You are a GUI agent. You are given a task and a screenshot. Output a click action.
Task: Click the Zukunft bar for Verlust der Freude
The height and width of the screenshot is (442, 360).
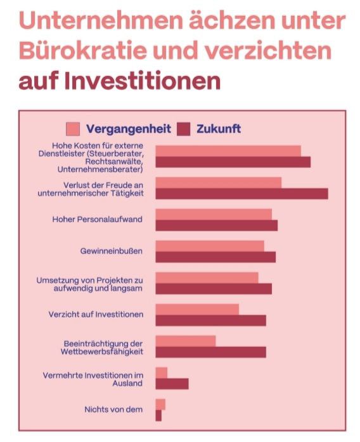(x=241, y=194)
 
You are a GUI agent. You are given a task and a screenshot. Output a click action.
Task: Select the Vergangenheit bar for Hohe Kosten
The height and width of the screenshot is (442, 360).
(x=228, y=151)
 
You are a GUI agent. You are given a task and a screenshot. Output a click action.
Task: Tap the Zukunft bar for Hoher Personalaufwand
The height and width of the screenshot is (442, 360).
(x=216, y=225)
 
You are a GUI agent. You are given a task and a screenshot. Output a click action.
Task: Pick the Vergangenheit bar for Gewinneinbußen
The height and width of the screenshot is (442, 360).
(x=210, y=246)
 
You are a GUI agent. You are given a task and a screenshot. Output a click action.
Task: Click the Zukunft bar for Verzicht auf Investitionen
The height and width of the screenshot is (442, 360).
(x=211, y=320)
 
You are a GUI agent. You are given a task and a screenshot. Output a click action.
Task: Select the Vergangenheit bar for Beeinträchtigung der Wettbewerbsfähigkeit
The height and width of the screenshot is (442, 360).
(x=186, y=341)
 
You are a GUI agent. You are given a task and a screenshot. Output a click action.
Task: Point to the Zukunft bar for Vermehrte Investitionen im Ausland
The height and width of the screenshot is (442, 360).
(x=172, y=384)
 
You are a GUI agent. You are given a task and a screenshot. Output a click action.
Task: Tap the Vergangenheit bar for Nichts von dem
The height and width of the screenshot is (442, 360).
(x=160, y=405)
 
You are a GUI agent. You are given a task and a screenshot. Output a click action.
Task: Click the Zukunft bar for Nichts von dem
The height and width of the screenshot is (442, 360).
(x=158, y=415)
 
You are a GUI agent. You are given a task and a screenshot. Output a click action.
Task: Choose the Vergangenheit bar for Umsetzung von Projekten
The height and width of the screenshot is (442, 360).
(x=207, y=277)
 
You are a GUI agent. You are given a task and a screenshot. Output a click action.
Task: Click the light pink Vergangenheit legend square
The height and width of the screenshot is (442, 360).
(x=73, y=129)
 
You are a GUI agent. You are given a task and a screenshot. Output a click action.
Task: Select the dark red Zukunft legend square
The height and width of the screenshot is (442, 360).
(x=184, y=129)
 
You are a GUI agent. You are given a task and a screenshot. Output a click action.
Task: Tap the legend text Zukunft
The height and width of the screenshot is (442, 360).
(x=219, y=129)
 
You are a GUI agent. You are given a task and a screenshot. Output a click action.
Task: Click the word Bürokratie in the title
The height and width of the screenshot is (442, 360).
(x=83, y=51)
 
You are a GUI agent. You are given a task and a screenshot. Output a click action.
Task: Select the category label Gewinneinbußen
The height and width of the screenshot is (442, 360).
(x=112, y=251)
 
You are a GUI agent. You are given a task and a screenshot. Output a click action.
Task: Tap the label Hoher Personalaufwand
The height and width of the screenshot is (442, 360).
(x=98, y=219)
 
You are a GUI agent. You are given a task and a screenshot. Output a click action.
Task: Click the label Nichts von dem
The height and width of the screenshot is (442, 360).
(x=113, y=409)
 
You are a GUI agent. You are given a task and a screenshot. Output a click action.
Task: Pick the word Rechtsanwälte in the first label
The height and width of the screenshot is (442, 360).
(x=114, y=162)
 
